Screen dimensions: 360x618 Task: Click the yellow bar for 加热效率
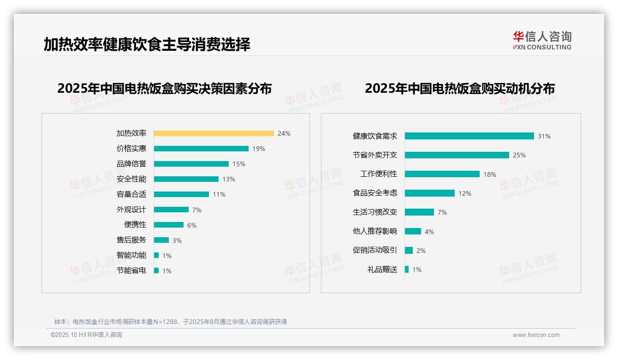(x=214, y=133)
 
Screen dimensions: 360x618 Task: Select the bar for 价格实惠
(x=201, y=149)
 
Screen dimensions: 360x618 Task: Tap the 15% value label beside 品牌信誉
(x=239, y=164)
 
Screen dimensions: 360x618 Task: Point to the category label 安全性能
(x=131, y=179)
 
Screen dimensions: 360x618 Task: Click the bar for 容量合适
(x=181, y=194)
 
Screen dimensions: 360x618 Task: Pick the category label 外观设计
(x=131, y=210)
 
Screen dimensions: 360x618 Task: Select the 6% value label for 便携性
(x=192, y=225)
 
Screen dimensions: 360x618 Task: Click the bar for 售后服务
(x=161, y=240)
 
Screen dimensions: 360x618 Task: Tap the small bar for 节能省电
(x=156, y=270)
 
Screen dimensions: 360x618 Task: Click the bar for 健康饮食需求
(x=469, y=136)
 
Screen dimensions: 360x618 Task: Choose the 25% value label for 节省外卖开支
(x=519, y=156)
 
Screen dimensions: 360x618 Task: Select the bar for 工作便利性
(x=442, y=174)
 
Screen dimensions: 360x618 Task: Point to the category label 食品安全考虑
(x=374, y=193)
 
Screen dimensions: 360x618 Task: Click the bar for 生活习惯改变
(x=419, y=212)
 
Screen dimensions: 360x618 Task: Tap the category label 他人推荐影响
(x=374, y=231)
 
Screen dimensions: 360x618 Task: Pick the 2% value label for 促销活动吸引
(x=421, y=251)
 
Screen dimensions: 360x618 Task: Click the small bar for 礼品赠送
(x=407, y=270)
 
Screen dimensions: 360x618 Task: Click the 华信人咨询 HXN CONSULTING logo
(x=542, y=41)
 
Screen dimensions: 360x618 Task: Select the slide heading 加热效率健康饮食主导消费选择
(x=147, y=44)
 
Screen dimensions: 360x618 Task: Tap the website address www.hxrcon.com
(x=535, y=335)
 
